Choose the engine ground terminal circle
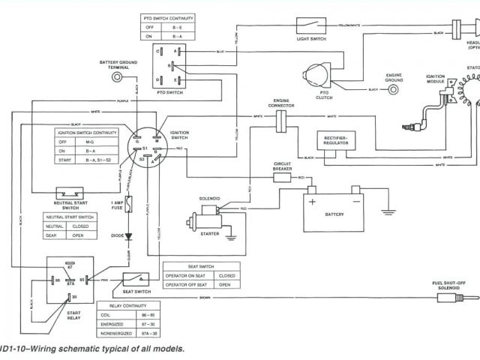point(394,90)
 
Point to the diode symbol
point(129,236)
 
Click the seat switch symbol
point(139,280)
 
